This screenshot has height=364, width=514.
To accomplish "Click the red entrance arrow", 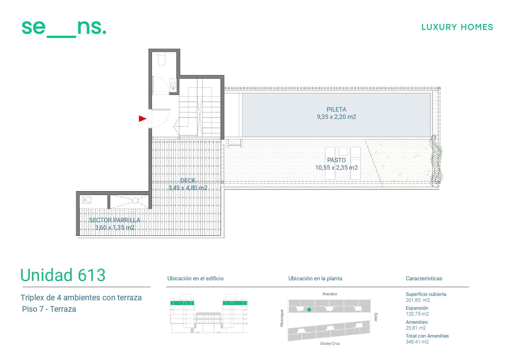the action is tap(142, 119).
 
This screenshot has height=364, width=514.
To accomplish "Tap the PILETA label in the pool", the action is tap(336, 109).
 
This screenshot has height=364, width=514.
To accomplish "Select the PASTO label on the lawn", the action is tap(336, 160).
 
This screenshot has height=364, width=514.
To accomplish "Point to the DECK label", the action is tap(188, 181).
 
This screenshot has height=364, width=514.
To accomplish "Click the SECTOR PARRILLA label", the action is tap(114, 220).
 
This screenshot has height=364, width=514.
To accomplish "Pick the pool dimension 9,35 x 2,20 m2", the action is tap(336, 117).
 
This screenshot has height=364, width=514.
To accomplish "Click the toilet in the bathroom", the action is tap(162, 59).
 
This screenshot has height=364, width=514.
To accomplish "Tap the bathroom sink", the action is tap(173, 85).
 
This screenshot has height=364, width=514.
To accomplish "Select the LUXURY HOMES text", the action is tap(457, 27).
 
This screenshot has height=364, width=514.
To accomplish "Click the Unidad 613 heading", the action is tap(63, 275).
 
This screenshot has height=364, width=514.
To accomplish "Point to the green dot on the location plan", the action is tap(309, 310).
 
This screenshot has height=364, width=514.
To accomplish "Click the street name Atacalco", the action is tap(330, 294).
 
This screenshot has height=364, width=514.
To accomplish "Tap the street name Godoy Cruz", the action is tap(330, 343).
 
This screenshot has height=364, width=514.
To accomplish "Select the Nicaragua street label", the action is tap(282, 318).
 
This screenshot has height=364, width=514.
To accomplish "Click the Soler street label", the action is tap(376, 317).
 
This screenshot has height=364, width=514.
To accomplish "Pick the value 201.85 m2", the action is tap(418, 300).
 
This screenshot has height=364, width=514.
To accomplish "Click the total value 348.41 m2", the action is tap(417, 342).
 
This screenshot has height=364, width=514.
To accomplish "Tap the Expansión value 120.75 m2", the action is tap(417, 314).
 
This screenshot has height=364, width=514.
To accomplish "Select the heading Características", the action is tap(424, 278).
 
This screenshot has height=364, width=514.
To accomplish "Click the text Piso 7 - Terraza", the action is tap(49, 309).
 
